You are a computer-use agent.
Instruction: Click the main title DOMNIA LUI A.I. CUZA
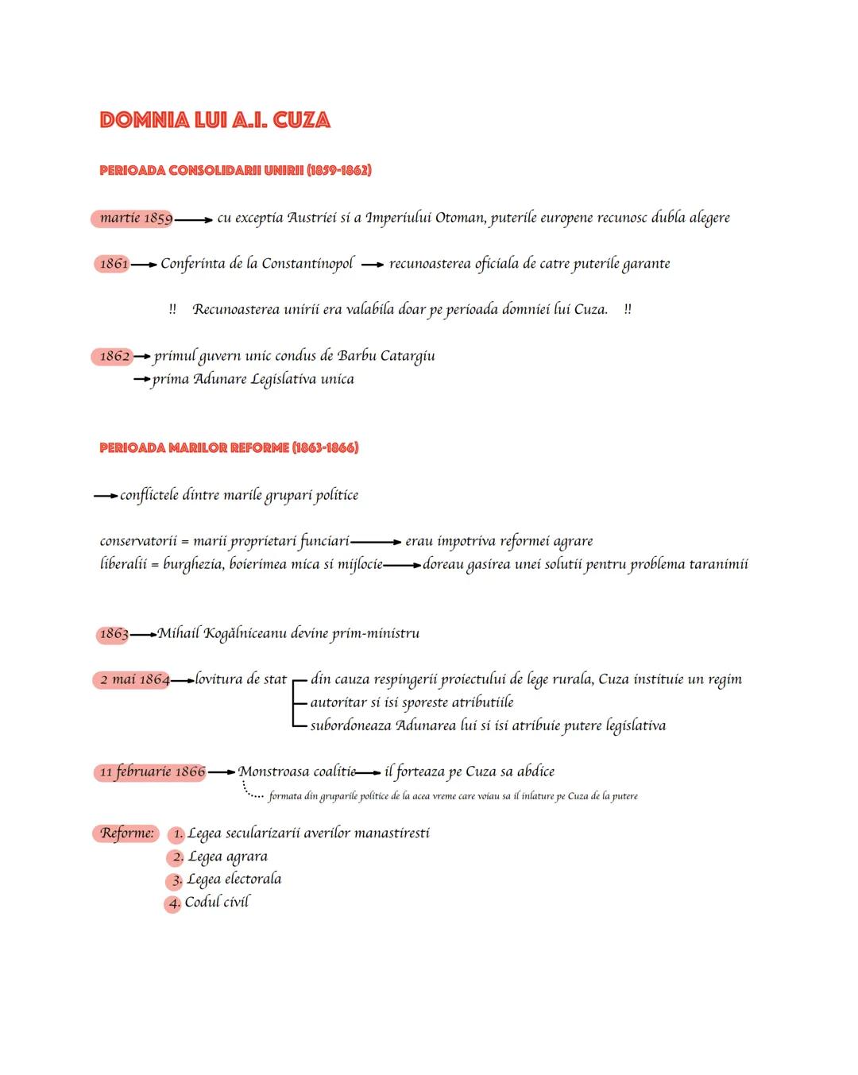pos(214,120)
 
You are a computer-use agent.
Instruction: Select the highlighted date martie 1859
pos(134,218)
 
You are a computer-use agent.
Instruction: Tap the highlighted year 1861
pos(114,264)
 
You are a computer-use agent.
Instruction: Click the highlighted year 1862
pos(114,356)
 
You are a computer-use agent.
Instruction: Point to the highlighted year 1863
pos(113,634)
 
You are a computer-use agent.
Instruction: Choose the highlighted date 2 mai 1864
pos(133,679)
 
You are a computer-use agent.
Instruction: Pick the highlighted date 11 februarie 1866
pos(151,771)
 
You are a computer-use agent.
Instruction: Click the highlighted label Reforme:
pos(126,833)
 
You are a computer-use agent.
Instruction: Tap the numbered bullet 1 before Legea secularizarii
pos(176,834)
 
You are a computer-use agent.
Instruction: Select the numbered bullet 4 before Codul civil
pos(173,903)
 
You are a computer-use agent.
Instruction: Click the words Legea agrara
pos(227,857)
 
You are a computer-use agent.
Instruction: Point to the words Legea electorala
pos(234,880)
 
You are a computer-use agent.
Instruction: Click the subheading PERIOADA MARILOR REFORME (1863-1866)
pos(229,448)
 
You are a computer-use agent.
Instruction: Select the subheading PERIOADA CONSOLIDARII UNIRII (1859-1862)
pos(235,170)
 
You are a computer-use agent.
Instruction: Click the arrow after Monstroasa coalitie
pos(368,772)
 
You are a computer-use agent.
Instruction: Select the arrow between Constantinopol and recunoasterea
pos(372,265)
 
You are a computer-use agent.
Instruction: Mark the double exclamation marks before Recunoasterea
pos(172,310)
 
